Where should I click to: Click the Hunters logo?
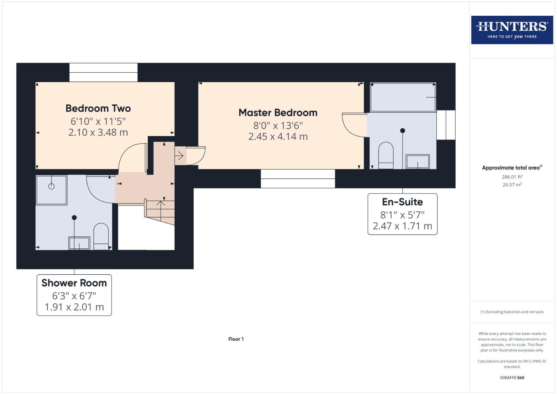click(512, 30)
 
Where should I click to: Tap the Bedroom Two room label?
click(98, 108)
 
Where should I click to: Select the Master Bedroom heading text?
click(278, 113)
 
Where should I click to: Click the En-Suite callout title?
click(402, 202)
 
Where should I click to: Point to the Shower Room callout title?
click(74, 283)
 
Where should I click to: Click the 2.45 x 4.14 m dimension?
click(278, 137)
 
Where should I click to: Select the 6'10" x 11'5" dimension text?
click(98, 121)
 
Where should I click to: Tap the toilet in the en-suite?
click(386, 155)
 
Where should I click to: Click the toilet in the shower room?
click(101, 236)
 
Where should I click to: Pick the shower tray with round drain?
click(51, 190)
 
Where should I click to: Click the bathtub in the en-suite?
click(403, 97)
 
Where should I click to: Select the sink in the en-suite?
click(418, 162)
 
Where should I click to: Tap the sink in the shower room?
click(79, 243)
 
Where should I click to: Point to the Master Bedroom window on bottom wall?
click(298, 179)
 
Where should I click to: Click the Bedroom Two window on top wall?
click(103, 72)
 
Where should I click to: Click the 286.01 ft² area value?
click(512, 177)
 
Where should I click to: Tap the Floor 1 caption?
click(236, 339)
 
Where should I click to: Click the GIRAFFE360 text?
click(512, 378)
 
